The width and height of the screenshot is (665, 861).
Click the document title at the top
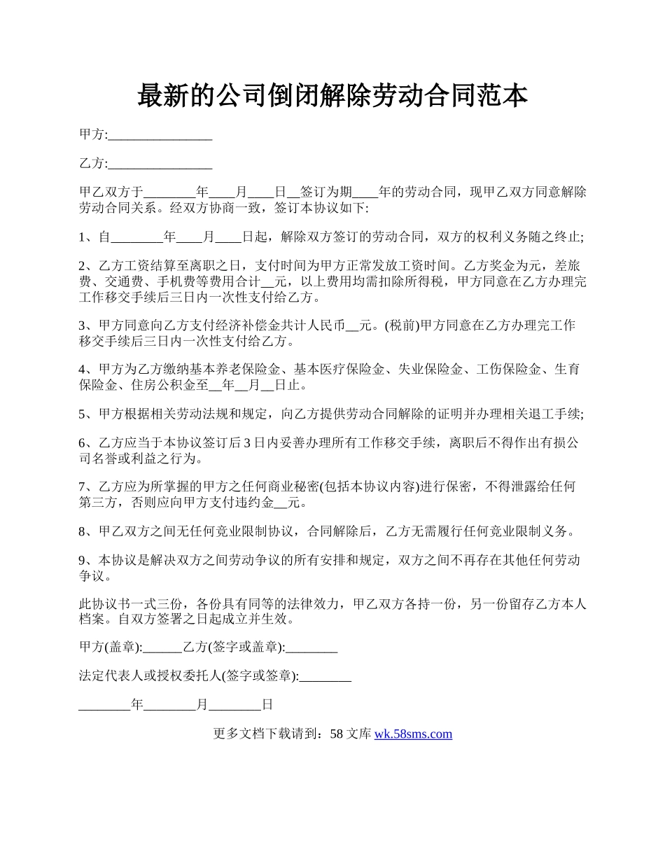(x=332, y=96)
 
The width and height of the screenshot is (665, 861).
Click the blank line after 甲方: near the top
(x=160, y=135)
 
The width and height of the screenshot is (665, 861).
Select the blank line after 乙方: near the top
(x=160, y=164)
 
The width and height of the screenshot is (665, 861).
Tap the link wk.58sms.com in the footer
(x=413, y=734)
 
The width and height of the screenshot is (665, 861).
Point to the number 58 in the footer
(x=336, y=734)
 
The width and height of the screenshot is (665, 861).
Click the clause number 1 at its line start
(x=83, y=237)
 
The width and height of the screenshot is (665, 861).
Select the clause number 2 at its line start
(x=83, y=266)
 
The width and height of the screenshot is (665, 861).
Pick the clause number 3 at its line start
(x=83, y=325)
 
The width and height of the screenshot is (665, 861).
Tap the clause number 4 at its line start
(x=83, y=370)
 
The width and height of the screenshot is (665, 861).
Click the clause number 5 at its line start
(x=83, y=414)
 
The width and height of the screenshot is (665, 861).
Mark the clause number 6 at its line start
(x=83, y=443)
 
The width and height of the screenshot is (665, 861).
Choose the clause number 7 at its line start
(x=83, y=487)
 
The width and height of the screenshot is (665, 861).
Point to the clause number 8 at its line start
(x=83, y=532)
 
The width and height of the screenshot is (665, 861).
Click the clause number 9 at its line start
(x=83, y=561)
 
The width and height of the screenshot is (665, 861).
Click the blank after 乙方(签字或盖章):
(x=312, y=648)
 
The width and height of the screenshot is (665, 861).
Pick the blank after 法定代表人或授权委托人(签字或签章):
(x=325, y=676)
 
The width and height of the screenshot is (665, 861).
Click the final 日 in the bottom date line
(x=267, y=705)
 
